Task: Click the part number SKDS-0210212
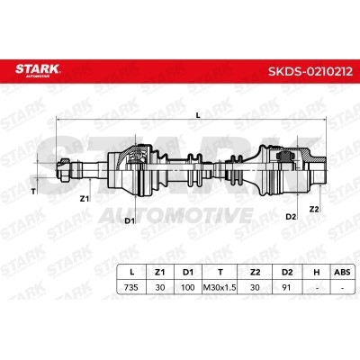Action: tap(310, 71)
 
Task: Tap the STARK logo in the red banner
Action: tap(38, 70)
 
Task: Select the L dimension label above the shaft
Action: tap(197, 115)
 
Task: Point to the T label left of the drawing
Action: tap(33, 192)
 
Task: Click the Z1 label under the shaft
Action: tap(85, 198)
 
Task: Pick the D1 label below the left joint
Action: tap(130, 220)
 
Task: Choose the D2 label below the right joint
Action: tap(291, 216)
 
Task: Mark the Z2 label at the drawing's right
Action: tap(314, 209)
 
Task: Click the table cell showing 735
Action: tap(131, 287)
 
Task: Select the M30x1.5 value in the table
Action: tap(220, 287)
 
